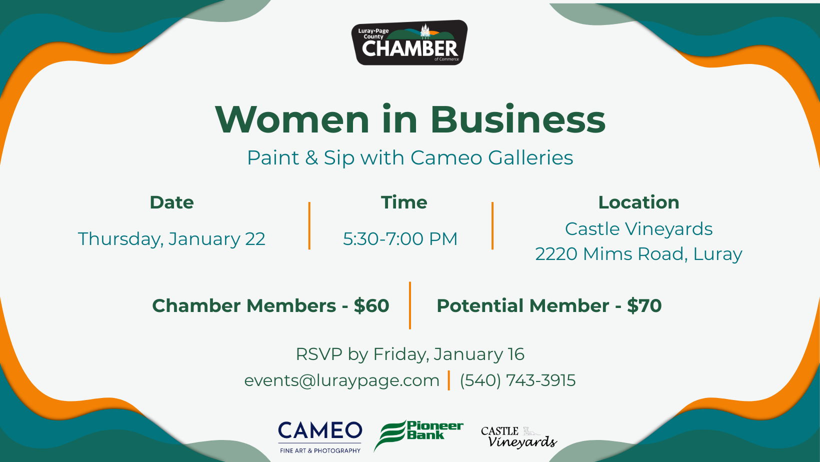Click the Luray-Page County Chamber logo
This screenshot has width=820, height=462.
pos(409,42)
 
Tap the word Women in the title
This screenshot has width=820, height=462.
pos(292,119)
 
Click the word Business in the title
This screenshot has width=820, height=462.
pos(517,119)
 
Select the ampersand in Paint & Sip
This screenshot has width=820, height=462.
pos(311,158)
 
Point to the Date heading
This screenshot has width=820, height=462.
pos(171,202)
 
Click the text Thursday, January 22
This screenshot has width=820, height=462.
pos(171,239)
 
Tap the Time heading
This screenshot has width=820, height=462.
pos(404,202)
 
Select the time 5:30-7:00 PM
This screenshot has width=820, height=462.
pos(400,238)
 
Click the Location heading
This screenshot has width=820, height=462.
pos(639,202)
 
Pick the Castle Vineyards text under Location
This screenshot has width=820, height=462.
pos(639,229)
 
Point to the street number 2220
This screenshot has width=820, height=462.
pos(556,254)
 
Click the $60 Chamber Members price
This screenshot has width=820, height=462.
pos(371,305)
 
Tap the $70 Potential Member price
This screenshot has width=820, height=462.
pos(644,305)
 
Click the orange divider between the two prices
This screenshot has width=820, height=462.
pos(410,305)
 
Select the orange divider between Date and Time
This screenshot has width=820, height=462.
pos(309,225)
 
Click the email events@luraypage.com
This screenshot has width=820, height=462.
pos(342,380)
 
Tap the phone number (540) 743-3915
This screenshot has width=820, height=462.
pos(517,380)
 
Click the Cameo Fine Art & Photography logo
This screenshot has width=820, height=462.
pos(320,437)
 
